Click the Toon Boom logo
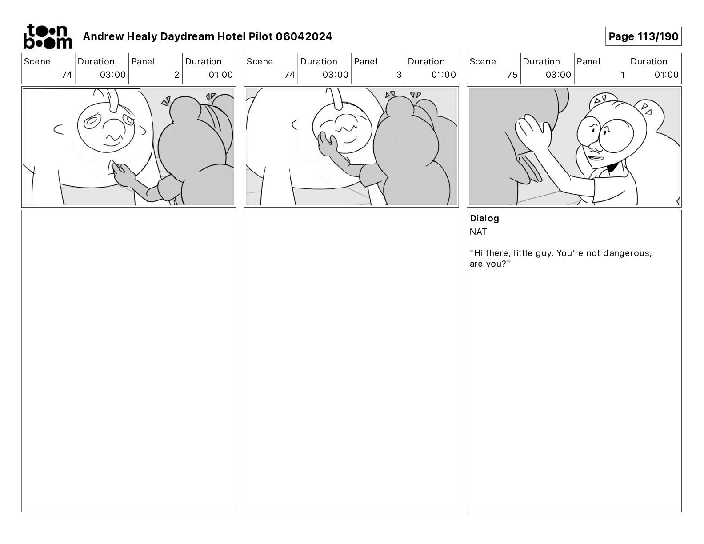coord(48,36)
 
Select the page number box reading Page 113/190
coord(643,36)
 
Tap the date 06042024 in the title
coord(304,36)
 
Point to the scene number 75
coord(512,75)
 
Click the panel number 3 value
coord(399,75)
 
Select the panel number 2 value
coord(176,75)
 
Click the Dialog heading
coord(484,218)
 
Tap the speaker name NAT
coord(478,232)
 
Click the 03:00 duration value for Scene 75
coord(558,75)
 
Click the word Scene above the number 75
coord(482,62)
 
